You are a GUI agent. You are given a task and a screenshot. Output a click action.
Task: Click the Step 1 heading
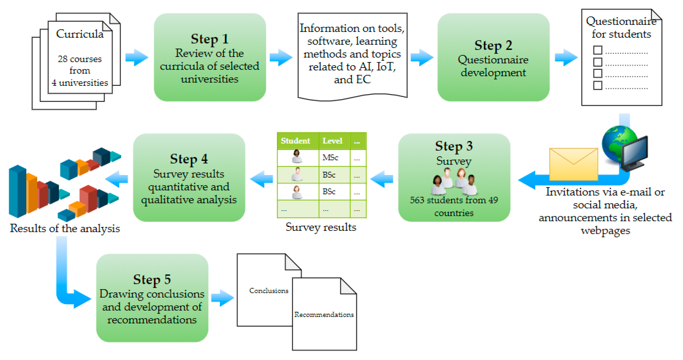click(x=210, y=39)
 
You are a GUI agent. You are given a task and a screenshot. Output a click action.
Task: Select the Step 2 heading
click(x=493, y=45)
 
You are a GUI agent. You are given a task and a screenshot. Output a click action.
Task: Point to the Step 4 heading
click(x=189, y=159)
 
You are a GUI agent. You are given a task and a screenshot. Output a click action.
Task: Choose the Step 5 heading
click(x=152, y=279)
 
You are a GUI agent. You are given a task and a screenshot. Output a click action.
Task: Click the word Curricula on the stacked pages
click(x=80, y=34)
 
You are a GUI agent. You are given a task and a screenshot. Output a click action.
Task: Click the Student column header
click(x=295, y=141)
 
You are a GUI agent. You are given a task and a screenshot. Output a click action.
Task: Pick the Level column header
click(x=332, y=141)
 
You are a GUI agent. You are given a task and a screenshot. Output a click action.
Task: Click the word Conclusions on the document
click(x=269, y=291)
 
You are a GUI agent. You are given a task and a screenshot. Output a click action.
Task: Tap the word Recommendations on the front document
click(x=324, y=315)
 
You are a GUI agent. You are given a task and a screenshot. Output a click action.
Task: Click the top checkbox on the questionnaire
click(x=598, y=50)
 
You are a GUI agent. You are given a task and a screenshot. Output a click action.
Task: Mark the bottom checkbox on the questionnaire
click(x=598, y=85)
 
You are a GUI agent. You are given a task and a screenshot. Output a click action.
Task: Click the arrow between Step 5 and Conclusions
click(x=223, y=298)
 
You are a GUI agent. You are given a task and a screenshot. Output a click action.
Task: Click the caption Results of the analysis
click(x=65, y=228)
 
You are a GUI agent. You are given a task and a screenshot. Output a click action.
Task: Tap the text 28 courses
click(x=80, y=59)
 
